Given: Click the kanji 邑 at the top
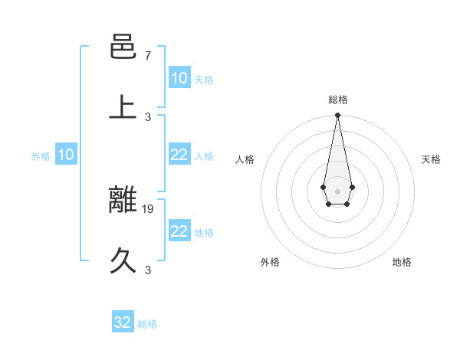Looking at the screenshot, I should (123, 47).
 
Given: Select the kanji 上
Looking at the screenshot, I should (123, 106).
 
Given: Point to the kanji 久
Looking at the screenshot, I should (123, 260).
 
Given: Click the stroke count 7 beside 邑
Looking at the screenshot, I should (148, 56).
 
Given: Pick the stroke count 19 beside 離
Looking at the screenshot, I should (149, 208).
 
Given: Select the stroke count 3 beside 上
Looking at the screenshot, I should (148, 116).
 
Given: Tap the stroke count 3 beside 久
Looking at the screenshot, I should (148, 270).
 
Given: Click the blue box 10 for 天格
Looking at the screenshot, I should (179, 78).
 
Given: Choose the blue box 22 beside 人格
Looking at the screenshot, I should (179, 155).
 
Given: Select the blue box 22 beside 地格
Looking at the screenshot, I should (179, 231).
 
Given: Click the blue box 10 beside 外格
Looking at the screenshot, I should (66, 155).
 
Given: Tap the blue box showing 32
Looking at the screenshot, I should (123, 322).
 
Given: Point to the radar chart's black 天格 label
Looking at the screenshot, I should (432, 159).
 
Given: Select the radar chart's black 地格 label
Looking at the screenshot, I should (402, 263).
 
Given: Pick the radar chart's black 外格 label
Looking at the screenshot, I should (270, 263).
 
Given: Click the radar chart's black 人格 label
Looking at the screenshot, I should (245, 159).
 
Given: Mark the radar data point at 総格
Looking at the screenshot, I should (337, 115).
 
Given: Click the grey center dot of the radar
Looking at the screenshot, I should (337, 190).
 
